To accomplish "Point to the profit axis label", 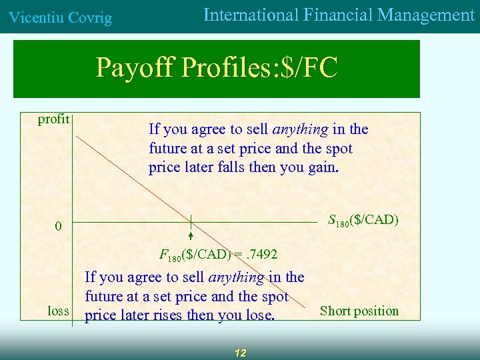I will click(54, 119).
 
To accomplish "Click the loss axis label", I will click(58, 311).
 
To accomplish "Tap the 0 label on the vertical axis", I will click(58, 227).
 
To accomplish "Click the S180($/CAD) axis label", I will click(363, 219).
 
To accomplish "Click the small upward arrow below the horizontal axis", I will click(190, 235).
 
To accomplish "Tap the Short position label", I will click(359, 311).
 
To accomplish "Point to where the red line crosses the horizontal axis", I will click(190, 221).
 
